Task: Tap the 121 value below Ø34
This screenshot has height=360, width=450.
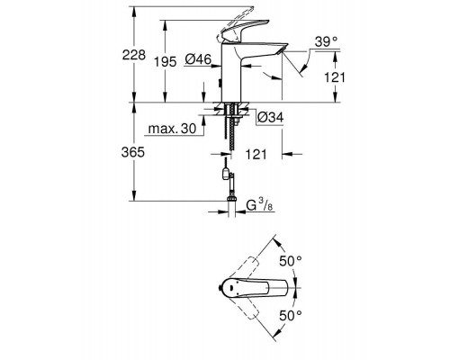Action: click(x=258, y=155)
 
